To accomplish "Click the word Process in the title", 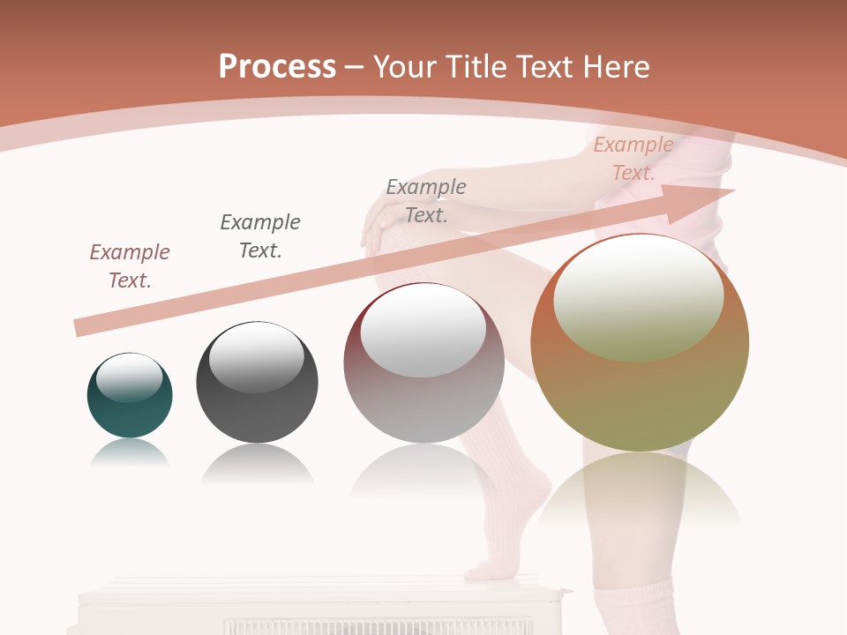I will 277,67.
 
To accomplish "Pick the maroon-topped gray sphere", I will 423,362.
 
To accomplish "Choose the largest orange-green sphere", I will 640,343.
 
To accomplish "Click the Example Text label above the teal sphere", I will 130,265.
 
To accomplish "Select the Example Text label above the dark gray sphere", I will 260,235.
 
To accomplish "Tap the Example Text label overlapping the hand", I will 426,200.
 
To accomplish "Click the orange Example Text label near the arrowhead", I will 633,159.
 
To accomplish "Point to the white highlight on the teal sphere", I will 129,377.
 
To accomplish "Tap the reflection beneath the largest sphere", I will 640,489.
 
